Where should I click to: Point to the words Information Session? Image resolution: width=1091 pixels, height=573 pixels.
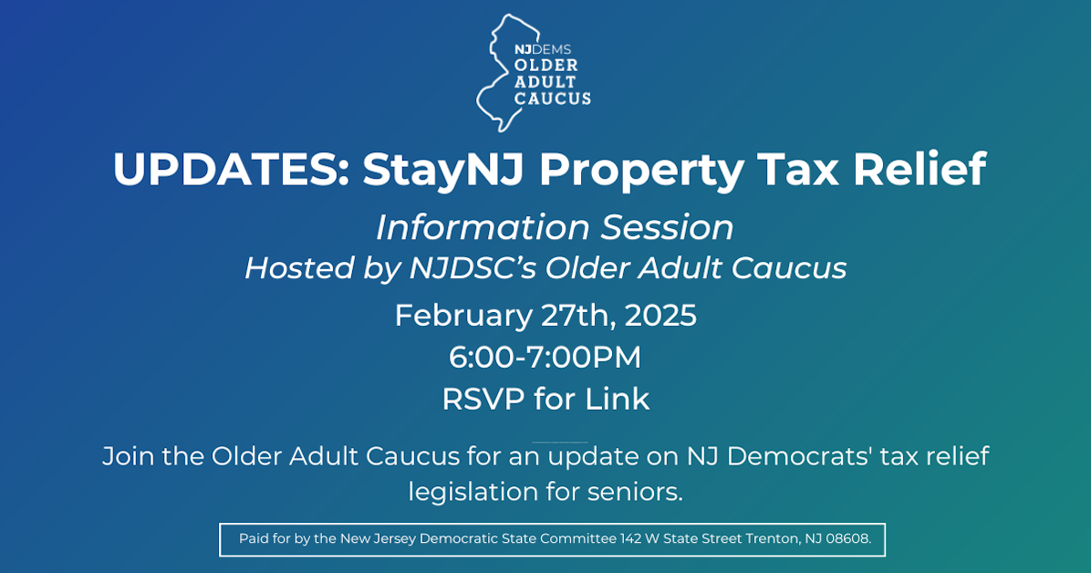point(555,227)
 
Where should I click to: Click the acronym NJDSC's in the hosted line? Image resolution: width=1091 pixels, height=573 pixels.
point(468,268)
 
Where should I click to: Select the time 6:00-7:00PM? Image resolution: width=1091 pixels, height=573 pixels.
point(545,358)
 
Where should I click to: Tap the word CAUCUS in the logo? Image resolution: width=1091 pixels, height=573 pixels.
point(553,98)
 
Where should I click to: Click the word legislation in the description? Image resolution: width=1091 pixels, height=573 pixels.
point(473,492)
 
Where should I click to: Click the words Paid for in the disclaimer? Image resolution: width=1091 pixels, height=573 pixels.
point(265,538)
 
